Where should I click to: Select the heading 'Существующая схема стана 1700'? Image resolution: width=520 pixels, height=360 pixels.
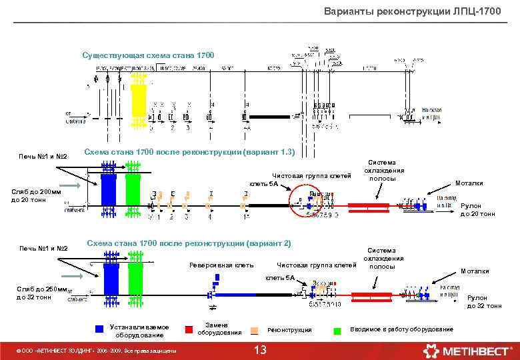pyautogui.click(x=147, y=55)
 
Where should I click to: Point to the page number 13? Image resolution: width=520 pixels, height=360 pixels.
pyautogui.click(x=261, y=351)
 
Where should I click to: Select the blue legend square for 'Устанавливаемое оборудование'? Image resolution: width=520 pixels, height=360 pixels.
pyautogui.click(x=99, y=328)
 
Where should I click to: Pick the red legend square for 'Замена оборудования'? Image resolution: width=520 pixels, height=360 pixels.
pyautogui.click(x=189, y=328)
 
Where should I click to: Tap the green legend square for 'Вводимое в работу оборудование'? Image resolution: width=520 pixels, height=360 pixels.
pyautogui.click(x=337, y=329)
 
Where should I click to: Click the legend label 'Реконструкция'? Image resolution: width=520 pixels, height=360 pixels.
pyautogui.click(x=289, y=330)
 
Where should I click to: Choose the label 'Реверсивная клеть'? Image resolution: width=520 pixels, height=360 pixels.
pyautogui.click(x=221, y=265)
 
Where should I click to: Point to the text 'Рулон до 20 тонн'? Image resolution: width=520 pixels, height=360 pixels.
pyautogui.click(x=477, y=210)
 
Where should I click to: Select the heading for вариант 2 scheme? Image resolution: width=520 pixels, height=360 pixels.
pyautogui.click(x=189, y=243)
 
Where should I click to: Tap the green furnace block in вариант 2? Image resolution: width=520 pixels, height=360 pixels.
pyautogui.click(x=135, y=280)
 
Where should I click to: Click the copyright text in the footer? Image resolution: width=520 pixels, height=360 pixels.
pyautogui.click(x=97, y=350)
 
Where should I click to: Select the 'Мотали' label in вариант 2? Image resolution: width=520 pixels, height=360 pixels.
pyautogui.click(x=475, y=271)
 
